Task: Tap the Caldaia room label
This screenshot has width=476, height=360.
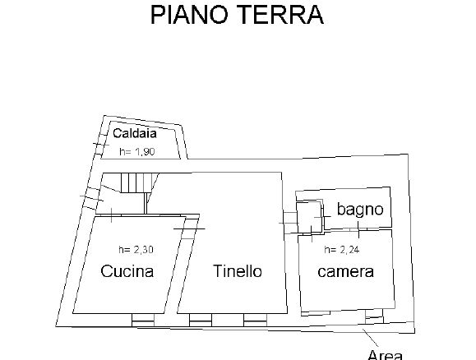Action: pyautogui.click(x=135, y=133)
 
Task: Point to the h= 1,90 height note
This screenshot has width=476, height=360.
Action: pyautogui.click(x=137, y=151)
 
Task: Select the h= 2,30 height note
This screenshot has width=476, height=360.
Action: pyautogui.click(x=136, y=250)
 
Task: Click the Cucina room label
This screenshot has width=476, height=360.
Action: pyautogui.click(x=127, y=271)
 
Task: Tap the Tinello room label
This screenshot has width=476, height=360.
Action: pyautogui.click(x=237, y=270)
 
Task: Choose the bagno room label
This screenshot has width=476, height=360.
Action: pyautogui.click(x=360, y=210)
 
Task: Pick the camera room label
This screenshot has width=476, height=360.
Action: pyautogui.click(x=345, y=272)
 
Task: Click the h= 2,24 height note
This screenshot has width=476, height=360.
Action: pyautogui.click(x=342, y=250)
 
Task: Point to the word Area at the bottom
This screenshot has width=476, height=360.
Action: pyautogui.click(x=385, y=354)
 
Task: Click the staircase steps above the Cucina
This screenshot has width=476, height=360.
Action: pyautogui.click(x=136, y=182)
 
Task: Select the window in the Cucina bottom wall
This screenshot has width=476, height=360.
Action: pyautogui.click(x=143, y=321)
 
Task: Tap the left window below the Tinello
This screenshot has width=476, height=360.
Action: pyautogui.click(x=201, y=321)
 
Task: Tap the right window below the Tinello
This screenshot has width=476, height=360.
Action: pyautogui.click(x=255, y=321)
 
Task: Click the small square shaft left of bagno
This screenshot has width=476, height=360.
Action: pyautogui.click(x=309, y=216)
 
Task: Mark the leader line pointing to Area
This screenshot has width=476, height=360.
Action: pyautogui.click(x=370, y=338)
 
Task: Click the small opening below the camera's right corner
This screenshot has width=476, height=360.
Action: pyautogui.click(x=374, y=316)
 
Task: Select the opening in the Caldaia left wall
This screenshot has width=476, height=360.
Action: pyautogui.click(x=101, y=144)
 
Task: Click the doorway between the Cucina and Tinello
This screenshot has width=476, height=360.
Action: pyautogui.click(x=189, y=228)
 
